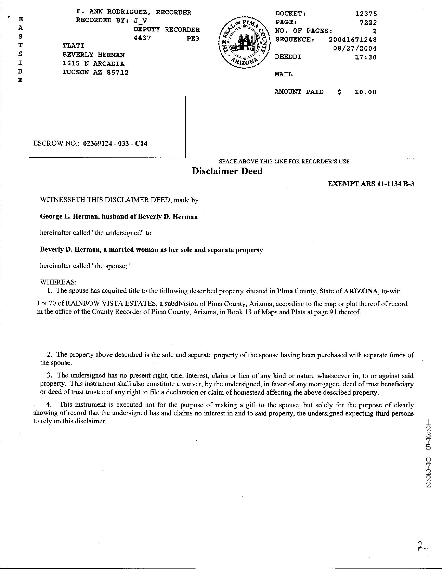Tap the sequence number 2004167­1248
pyautogui.click(x=352, y=39)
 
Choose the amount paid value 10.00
pyautogui.click(x=365, y=92)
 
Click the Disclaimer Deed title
pyautogui.click(x=227, y=171)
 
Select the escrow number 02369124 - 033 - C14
pyautogui.click(x=115, y=143)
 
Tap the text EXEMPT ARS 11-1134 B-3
pyautogui.click(x=370, y=184)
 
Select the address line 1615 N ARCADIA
pyautogui.click(x=93, y=64)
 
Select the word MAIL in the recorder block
pyautogui.click(x=284, y=75)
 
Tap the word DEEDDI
pyautogui.click(x=288, y=57)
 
